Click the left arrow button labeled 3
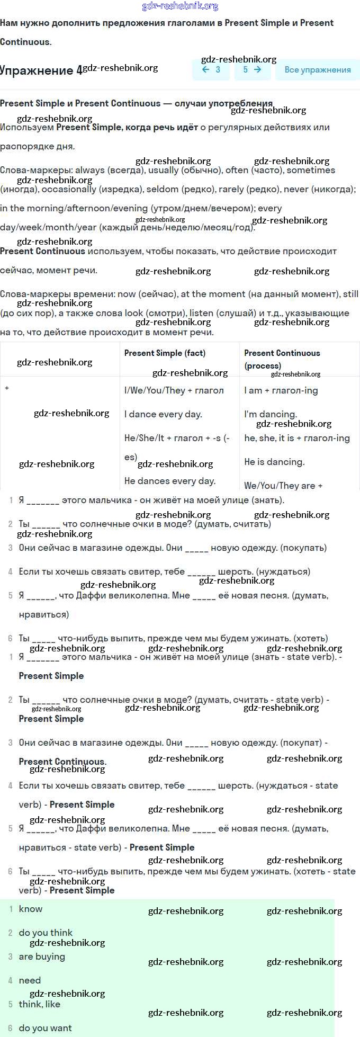(x=211, y=69)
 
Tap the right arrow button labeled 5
(x=252, y=69)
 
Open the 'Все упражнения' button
(x=318, y=69)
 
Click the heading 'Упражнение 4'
(x=41, y=70)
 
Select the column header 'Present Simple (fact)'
(x=165, y=353)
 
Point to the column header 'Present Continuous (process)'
(x=282, y=359)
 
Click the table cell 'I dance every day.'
(x=163, y=414)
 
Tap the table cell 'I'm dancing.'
(x=271, y=414)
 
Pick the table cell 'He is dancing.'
(x=274, y=462)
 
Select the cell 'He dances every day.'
(x=169, y=481)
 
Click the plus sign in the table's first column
(x=7, y=388)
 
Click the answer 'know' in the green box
(x=31, y=909)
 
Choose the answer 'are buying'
(x=42, y=956)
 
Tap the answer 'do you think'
(x=46, y=933)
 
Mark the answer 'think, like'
(x=40, y=1004)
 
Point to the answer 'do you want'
(x=45, y=1028)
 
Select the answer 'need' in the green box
(x=30, y=980)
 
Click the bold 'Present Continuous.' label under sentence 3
(x=62, y=762)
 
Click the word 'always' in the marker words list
(x=90, y=170)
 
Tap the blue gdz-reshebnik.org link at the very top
(x=180, y=6)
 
